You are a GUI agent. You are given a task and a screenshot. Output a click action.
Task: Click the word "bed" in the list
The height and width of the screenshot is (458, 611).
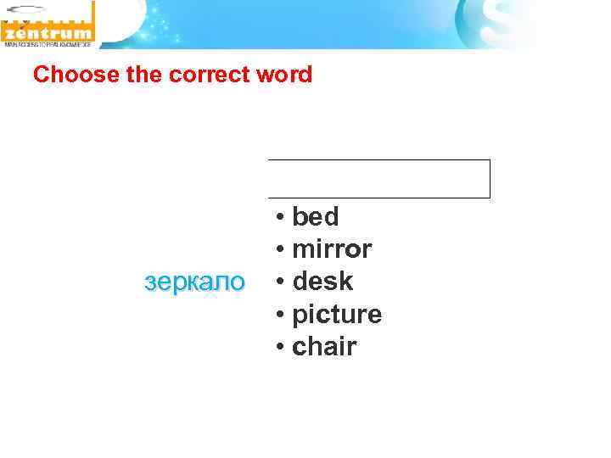[315, 217]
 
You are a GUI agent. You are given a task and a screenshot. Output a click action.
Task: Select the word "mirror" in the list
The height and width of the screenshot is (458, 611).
[332, 249]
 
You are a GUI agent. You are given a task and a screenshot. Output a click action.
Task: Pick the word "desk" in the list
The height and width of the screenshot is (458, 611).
[322, 281]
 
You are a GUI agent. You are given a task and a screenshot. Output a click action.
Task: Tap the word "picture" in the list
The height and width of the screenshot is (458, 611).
[337, 314]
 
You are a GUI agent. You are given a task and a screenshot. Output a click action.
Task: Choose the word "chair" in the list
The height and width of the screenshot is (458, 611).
[324, 346]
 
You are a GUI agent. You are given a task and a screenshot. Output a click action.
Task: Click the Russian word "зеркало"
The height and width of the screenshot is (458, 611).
[195, 282]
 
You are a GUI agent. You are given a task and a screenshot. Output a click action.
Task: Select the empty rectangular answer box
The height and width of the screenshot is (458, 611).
[378, 179]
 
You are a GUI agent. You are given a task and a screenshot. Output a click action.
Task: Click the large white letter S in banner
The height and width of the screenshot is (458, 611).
[493, 21]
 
